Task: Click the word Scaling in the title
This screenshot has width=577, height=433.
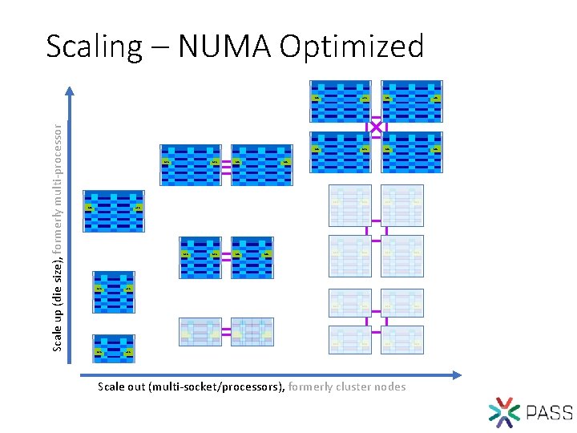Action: click(92, 47)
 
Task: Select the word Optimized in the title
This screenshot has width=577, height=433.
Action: click(351, 47)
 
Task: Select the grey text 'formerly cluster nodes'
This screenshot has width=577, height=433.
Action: click(347, 387)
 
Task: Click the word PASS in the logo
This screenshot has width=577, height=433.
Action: click(550, 413)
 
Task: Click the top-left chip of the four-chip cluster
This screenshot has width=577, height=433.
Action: click(341, 100)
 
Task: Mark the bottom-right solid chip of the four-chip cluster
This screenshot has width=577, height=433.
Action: click(412, 152)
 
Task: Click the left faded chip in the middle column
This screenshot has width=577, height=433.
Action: click(200, 331)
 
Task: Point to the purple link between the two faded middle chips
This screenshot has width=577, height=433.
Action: click(226, 331)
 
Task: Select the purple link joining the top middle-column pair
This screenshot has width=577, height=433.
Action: click(226, 164)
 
